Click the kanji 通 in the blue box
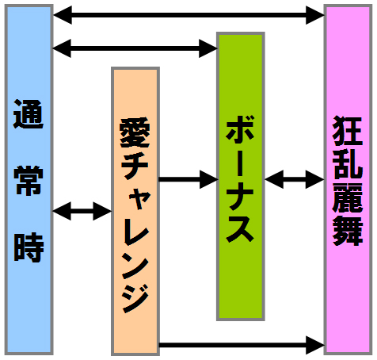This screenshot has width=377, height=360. pyautogui.click(x=29, y=114)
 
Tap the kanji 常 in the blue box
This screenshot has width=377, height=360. pyautogui.click(x=29, y=180)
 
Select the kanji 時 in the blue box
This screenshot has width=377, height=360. pyautogui.click(x=29, y=247)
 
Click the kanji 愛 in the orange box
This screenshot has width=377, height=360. pyautogui.click(x=135, y=132)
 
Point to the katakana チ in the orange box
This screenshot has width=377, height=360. pyautogui.click(x=135, y=165)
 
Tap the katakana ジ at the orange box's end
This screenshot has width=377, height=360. pyautogui.click(x=135, y=299)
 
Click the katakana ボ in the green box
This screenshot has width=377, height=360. pyautogui.click(x=240, y=130)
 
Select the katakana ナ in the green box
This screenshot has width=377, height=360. pyautogui.click(x=240, y=197)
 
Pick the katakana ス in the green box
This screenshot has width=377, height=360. pyautogui.click(x=240, y=228)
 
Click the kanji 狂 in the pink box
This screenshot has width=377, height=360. pyautogui.click(x=348, y=131)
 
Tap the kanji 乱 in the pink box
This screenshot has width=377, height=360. pyautogui.click(x=348, y=164)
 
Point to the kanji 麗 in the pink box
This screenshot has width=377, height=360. pyautogui.click(x=348, y=197)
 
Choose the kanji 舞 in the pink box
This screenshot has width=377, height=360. pyautogui.click(x=348, y=231)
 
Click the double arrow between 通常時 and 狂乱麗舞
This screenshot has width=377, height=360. pyautogui.click(x=188, y=15)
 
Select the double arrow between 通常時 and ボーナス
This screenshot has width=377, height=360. pyautogui.click(x=135, y=48)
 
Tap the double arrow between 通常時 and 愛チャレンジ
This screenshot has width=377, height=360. pyautogui.click(x=82, y=211)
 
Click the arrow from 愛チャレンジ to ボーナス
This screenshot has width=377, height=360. pyautogui.click(x=188, y=179)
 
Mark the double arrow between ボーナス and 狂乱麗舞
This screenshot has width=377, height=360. pyautogui.click(x=295, y=179)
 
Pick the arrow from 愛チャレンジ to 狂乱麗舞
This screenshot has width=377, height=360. pyautogui.click(x=242, y=345)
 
